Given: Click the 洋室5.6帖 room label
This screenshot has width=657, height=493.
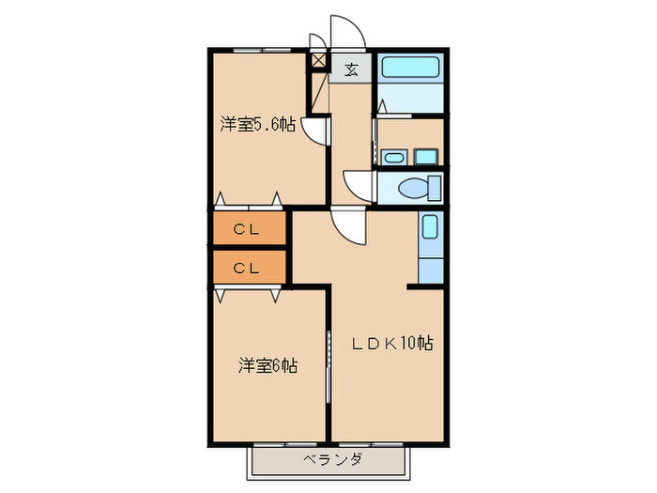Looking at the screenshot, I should click(x=258, y=125).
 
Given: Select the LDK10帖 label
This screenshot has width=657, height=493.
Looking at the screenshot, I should click(x=392, y=344).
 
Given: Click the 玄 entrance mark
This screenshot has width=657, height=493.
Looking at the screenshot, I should click(x=350, y=69).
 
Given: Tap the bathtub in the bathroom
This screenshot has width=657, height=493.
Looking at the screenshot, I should click(x=409, y=69).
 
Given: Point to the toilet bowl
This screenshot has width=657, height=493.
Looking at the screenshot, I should click(x=417, y=188).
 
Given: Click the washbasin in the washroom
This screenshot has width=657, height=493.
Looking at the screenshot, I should click(x=392, y=157).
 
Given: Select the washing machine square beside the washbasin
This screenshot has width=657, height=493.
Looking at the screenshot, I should click(x=428, y=156).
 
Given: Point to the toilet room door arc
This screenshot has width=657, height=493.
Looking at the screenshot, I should click(x=358, y=185).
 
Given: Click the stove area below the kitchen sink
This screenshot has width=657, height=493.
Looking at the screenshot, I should click(x=429, y=266).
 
